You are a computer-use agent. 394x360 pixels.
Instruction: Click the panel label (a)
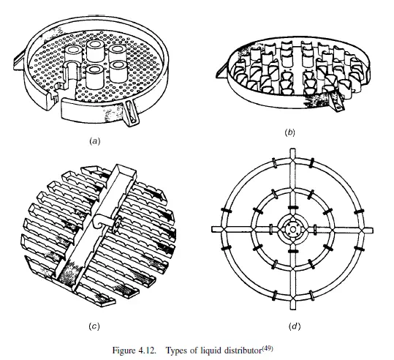click(x=94, y=141)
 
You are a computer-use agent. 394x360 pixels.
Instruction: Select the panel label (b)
click(x=289, y=132)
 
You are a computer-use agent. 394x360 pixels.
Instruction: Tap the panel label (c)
click(x=94, y=326)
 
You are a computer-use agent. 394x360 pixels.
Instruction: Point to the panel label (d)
click(x=295, y=326)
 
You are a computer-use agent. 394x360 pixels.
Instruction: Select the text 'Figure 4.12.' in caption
click(x=134, y=350)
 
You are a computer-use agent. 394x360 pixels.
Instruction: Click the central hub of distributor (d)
click(x=292, y=230)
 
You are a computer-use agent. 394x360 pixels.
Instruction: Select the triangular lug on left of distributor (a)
click(x=19, y=62)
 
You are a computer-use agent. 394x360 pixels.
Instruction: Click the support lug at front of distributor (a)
click(x=131, y=113)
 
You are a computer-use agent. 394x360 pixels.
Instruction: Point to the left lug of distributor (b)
click(x=222, y=72)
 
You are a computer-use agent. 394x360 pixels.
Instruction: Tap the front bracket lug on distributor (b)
click(x=336, y=102)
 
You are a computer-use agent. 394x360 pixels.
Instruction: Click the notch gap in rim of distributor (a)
click(x=55, y=101)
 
